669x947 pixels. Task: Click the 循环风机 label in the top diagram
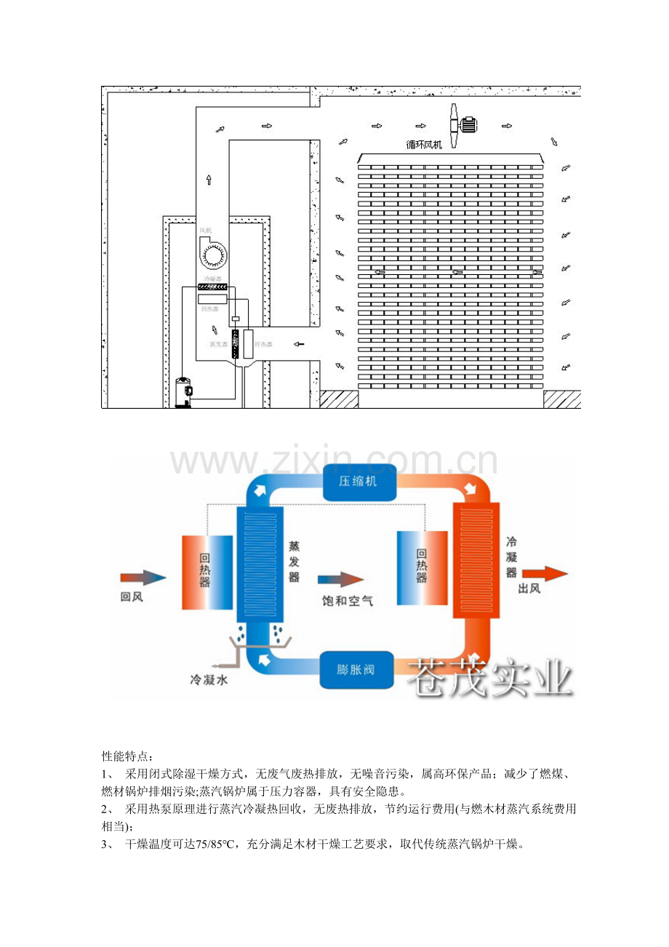pyautogui.click(x=423, y=145)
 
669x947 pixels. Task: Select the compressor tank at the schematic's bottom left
pyautogui.click(x=183, y=393)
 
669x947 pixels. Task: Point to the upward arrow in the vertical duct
pyautogui.click(x=209, y=179)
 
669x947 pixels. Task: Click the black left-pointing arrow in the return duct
pyautogui.click(x=299, y=343)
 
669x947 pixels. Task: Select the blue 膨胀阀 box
pyautogui.click(x=356, y=670)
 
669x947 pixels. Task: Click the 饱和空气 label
pyautogui.click(x=348, y=602)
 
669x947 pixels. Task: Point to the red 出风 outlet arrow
pyautogui.click(x=544, y=572)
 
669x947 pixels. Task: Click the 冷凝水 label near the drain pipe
pyautogui.click(x=205, y=680)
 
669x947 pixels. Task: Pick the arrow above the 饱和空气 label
pyautogui.click(x=340, y=579)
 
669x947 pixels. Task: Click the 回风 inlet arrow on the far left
pyautogui.click(x=143, y=578)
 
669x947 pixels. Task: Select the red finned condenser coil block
pyautogui.click(x=477, y=560)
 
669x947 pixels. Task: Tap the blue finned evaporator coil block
pyautogui.click(x=263, y=564)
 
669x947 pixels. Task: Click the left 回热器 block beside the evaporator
pyautogui.click(x=207, y=572)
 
